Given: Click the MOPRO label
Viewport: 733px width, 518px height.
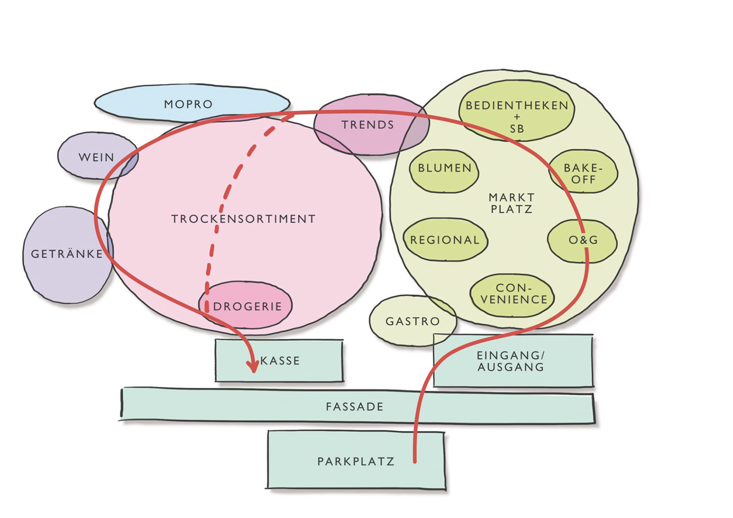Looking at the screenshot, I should tap(188, 104).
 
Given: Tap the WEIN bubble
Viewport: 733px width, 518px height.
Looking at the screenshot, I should tap(96, 157).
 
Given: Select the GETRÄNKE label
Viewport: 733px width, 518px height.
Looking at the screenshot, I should tap(67, 254).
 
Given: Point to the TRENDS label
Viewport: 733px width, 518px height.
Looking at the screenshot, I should tap(368, 125).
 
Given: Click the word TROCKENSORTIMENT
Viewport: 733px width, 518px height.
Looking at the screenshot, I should tap(244, 219).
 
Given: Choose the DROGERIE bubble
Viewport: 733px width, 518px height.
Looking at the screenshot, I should tap(247, 306).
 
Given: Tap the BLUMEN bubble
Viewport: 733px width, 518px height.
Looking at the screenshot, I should tap(444, 168).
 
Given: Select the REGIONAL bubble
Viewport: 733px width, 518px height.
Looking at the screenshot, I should tap(445, 240).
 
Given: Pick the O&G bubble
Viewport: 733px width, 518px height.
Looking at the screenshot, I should tap(582, 240).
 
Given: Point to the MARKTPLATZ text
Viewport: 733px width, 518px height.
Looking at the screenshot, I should tap(512, 203).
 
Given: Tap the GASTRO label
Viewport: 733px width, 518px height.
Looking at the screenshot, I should tap(413, 321).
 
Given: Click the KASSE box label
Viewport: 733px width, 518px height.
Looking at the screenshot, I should tap(280, 361).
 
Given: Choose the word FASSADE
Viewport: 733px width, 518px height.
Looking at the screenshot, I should tap(355, 407).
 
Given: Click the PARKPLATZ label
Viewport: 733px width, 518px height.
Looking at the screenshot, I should tap(356, 461).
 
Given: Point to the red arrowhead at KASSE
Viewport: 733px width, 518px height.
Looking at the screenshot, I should tap(252, 366).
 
